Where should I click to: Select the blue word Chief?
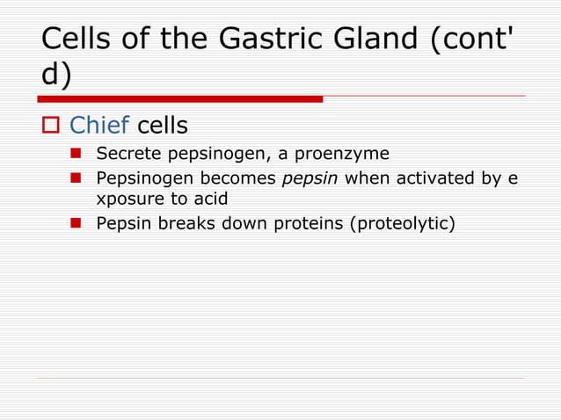(x=98, y=126)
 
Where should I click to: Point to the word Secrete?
(x=127, y=155)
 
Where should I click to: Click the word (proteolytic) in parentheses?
(x=402, y=224)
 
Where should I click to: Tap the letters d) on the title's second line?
(x=57, y=76)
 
